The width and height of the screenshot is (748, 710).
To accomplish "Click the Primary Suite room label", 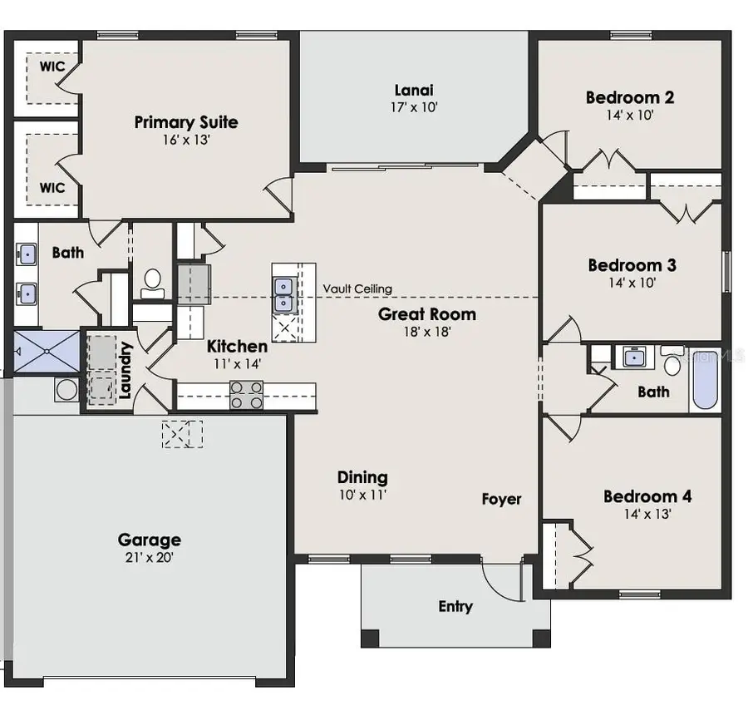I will (x=186, y=122).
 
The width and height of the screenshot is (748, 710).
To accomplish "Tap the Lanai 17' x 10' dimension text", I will (x=413, y=107).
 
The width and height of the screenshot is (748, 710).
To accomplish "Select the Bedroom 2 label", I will (x=629, y=97).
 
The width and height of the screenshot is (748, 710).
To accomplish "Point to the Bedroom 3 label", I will (x=632, y=265).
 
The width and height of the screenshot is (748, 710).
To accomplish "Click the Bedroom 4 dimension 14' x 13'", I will (x=647, y=514).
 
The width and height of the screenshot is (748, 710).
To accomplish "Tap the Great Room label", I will (x=427, y=313).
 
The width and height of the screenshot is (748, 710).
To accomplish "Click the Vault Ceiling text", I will (x=357, y=288).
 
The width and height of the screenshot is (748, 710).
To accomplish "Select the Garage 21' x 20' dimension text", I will (x=149, y=557).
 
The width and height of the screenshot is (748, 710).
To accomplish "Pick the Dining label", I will (x=362, y=476).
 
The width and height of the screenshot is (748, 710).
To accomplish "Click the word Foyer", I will (x=501, y=499).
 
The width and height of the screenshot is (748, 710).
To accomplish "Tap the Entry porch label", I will (x=455, y=606).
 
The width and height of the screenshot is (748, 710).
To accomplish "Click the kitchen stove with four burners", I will (x=246, y=395).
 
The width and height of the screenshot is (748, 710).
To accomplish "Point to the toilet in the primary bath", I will (x=152, y=283).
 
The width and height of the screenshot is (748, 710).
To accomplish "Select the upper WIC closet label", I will (x=47, y=66).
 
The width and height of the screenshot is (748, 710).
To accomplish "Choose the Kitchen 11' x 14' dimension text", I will (x=237, y=363).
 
